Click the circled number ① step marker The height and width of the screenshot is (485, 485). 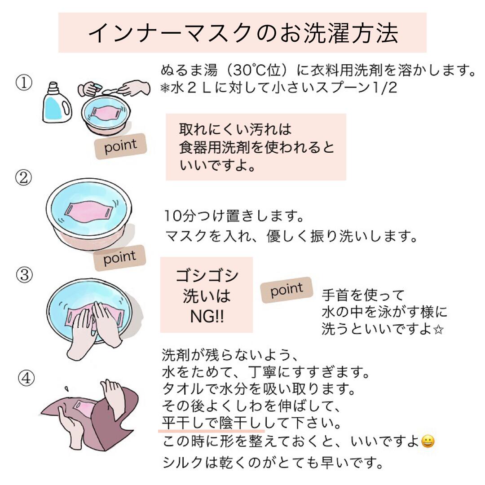[24, 83]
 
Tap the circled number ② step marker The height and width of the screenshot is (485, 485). [23, 177]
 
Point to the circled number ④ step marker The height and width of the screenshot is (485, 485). [26, 378]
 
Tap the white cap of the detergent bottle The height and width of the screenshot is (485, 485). [53, 87]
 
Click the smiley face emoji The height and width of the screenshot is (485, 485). [428, 441]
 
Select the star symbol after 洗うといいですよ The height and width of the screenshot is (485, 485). [438, 330]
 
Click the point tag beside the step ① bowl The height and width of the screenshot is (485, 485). [120, 146]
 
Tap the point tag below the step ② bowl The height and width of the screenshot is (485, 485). [119, 258]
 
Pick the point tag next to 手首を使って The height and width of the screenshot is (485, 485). [287, 290]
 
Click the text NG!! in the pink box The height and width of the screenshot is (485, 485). [207, 317]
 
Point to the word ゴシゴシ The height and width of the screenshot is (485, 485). [207, 275]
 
